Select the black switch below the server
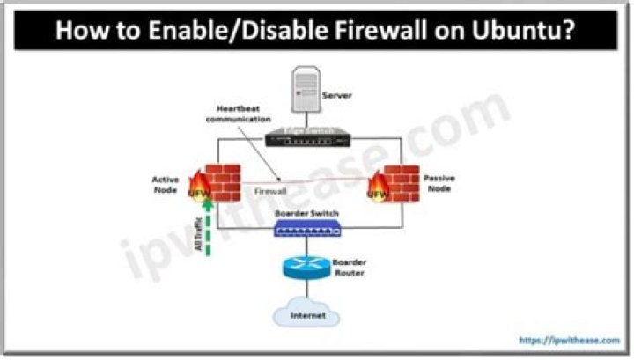pyautogui.click(x=308, y=136)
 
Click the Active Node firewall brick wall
pyautogui.click(x=218, y=182)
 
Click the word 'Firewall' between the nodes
pyautogui.click(x=272, y=190)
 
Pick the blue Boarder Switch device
pyautogui.click(x=306, y=230)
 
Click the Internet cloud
pyautogui.click(x=307, y=314)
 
